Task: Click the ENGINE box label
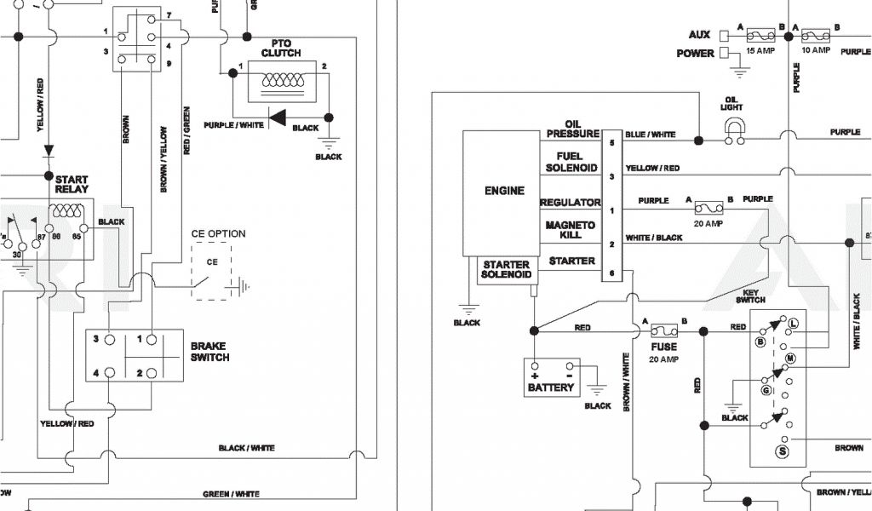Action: (x=504, y=191)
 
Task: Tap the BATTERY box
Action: (x=551, y=376)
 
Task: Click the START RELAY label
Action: (x=72, y=185)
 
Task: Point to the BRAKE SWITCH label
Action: (x=209, y=352)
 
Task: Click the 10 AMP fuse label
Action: (x=815, y=50)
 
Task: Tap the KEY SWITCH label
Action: (x=750, y=296)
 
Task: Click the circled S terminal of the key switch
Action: (x=781, y=450)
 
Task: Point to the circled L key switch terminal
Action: (x=793, y=323)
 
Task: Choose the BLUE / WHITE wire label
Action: (x=651, y=135)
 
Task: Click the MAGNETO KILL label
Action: (x=570, y=230)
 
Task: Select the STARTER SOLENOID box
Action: (x=506, y=270)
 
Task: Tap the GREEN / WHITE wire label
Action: (x=231, y=494)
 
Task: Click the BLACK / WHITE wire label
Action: (x=247, y=448)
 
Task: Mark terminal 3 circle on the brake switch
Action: (x=111, y=340)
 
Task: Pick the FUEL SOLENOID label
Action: (x=570, y=162)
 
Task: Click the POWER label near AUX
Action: (x=695, y=54)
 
